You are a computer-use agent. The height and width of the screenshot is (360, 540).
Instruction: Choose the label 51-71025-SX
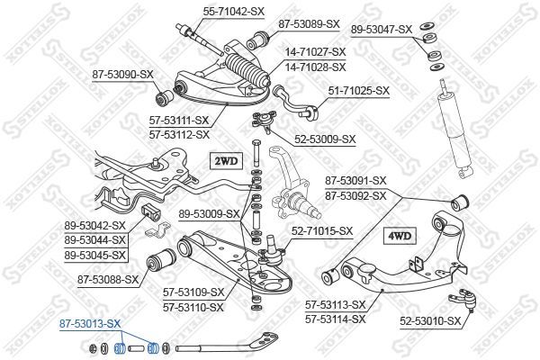(358, 91)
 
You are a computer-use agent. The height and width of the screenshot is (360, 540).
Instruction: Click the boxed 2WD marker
(226, 162)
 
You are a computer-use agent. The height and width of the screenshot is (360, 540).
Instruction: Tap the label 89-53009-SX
(209, 214)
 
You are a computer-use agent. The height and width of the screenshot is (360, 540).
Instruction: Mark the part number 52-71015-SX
(322, 231)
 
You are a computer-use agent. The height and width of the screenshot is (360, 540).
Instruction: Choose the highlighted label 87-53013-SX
(90, 321)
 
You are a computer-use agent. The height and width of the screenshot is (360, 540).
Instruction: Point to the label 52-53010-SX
(428, 319)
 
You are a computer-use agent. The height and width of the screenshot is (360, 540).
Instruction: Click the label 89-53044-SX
(94, 240)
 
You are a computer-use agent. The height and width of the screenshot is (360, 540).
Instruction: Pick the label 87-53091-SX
(355, 181)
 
